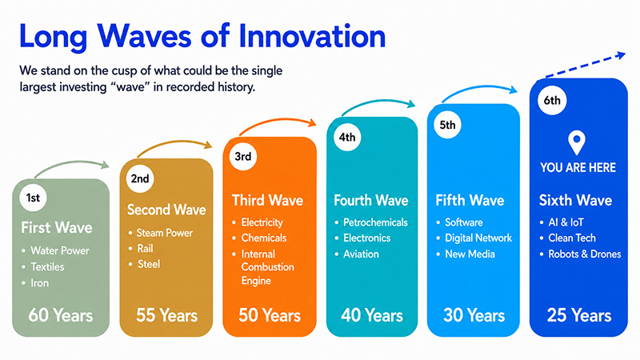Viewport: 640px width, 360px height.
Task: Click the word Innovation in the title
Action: coord(312,36)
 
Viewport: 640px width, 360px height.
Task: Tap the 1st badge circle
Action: coord(33,198)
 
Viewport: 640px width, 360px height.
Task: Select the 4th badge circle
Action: coord(347,137)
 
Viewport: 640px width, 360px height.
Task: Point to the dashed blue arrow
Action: coord(586,65)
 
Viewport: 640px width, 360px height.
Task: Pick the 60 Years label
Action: coord(61,315)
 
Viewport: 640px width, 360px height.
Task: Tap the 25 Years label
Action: coord(579,315)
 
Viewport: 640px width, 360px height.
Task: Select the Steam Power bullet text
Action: coord(165,233)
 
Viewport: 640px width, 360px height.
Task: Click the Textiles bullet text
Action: coord(47,267)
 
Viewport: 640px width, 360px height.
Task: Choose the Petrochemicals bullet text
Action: coord(375,222)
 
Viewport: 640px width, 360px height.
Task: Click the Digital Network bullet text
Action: coord(478,238)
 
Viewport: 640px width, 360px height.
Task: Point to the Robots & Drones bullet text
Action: coord(585,254)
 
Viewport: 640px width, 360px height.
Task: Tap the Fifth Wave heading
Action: coord(470,201)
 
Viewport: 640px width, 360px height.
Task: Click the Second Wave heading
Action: coord(166,210)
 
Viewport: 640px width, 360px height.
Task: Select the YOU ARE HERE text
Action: coord(578,167)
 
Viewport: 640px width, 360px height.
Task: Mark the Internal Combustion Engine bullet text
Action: coord(268,267)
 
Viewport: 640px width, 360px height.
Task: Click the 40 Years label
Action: coord(372,315)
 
